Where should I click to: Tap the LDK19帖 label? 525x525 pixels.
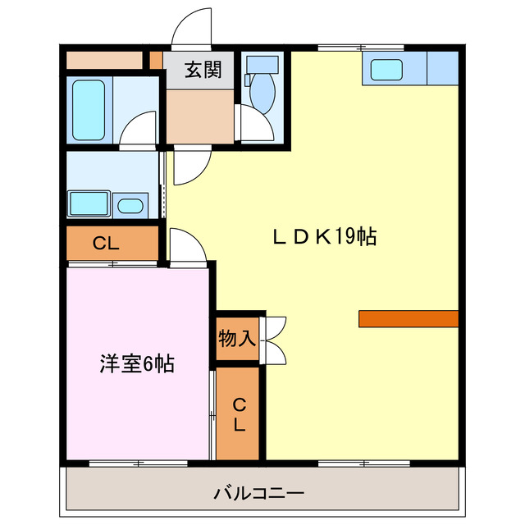[x=325, y=238]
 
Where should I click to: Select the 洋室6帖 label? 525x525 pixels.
[x=137, y=364]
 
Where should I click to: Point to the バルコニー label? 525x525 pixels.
[x=259, y=494]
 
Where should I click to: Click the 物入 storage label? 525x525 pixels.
[x=237, y=337]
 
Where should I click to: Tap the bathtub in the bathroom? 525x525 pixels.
[x=89, y=110]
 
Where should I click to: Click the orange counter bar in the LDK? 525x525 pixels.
[x=408, y=319]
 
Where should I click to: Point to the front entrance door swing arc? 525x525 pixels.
[x=189, y=26]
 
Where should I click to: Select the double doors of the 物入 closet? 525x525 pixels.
[x=274, y=339]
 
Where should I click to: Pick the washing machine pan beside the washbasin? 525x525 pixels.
[x=88, y=203]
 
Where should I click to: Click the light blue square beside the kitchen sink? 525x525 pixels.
[x=442, y=69]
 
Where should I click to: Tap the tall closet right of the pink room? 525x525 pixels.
[x=237, y=413]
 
